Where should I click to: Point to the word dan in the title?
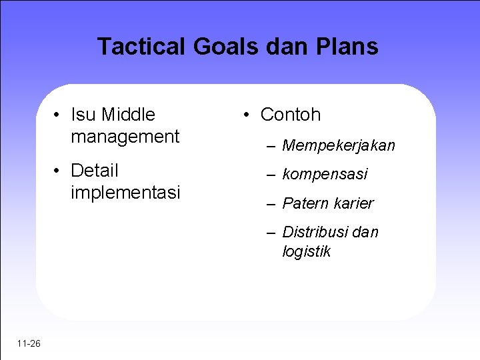[286, 47]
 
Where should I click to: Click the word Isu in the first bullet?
[83, 115]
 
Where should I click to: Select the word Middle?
[128, 115]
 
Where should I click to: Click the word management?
[125, 137]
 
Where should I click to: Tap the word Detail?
[95, 171]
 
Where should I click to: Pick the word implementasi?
[125, 193]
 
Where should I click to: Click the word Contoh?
[291, 115]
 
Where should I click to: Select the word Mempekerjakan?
[339, 145]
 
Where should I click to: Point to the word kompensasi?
[325, 175]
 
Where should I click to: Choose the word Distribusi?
[315, 232]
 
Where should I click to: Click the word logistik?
[306, 251]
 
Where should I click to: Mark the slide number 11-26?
[29, 344]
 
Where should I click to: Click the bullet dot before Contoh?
[247, 115]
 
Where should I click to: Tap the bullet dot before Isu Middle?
[58, 115]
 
